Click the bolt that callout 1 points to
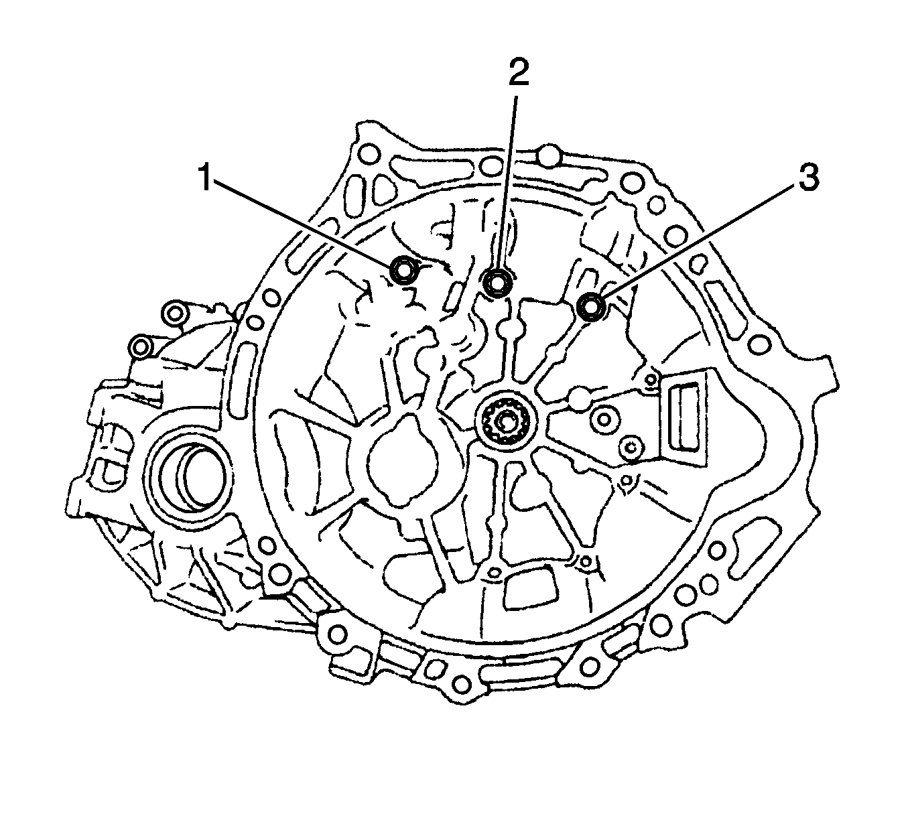point(402,270)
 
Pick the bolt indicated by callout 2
point(497,283)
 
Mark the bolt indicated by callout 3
point(592,307)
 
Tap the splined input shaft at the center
point(504,421)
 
